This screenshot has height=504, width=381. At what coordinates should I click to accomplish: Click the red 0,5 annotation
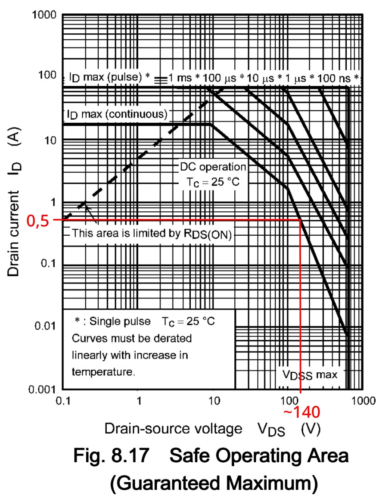coord(39,220)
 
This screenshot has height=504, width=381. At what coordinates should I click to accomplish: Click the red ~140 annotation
coord(301,412)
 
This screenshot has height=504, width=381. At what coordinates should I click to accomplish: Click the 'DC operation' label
coord(213,167)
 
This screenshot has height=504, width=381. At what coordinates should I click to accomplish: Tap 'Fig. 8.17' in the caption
coord(116,457)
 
